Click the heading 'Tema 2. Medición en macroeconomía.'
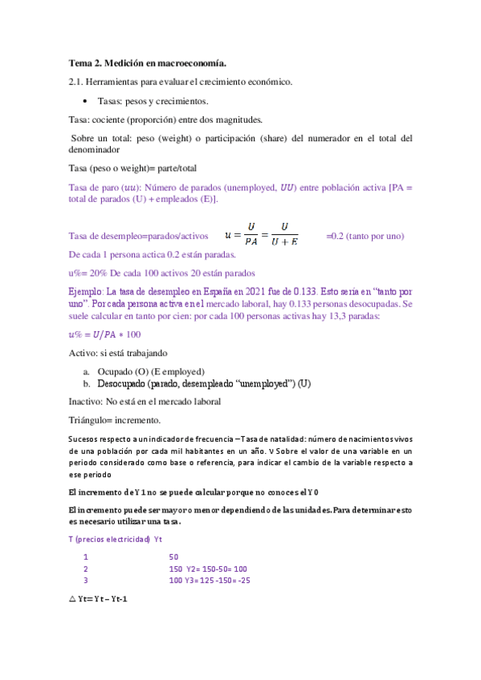click(148, 63)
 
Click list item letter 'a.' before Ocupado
click(87, 371)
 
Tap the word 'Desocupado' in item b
click(124, 384)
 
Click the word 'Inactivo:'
click(87, 401)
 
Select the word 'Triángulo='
click(92, 420)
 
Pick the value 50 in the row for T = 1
click(173, 557)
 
